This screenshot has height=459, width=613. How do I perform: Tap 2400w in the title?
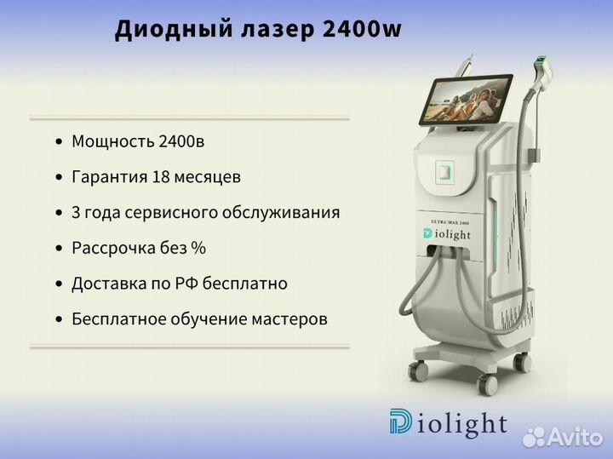[362, 29]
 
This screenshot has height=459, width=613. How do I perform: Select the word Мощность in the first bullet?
[112, 142]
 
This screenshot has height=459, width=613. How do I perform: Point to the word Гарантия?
[110, 177]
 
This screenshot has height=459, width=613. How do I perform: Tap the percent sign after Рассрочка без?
[198, 248]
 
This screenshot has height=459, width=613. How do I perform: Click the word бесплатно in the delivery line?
[244, 284]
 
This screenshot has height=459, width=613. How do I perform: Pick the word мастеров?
[289, 319]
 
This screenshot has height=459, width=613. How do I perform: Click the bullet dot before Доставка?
[59, 284]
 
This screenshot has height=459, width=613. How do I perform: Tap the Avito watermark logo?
[563, 437]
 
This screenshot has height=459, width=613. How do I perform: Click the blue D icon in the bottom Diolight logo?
[400, 422]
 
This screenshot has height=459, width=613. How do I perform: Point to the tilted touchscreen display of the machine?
[466, 99]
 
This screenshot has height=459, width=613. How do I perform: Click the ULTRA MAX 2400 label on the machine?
[450, 222]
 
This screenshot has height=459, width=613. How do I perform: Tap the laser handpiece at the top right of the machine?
[544, 72]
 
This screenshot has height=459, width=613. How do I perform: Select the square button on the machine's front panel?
[445, 171]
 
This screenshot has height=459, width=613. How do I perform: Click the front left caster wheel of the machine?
[417, 370]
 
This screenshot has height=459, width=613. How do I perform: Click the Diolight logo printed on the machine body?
[446, 234]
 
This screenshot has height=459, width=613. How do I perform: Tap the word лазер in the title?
[278, 30]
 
